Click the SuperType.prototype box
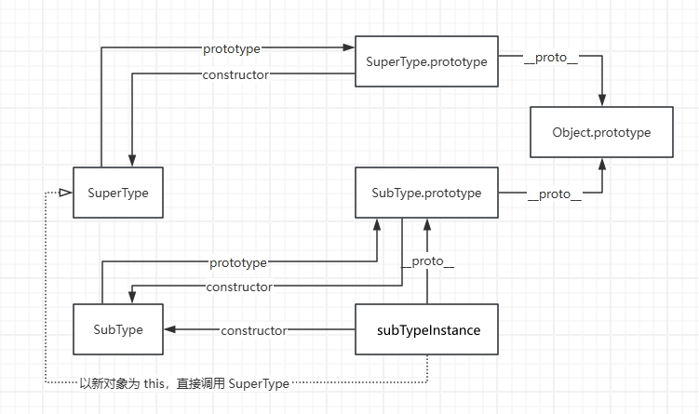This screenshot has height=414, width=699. pyautogui.click(x=426, y=62)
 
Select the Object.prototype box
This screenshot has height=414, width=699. pyautogui.click(x=601, y=132)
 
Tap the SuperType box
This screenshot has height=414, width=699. pyautogui.click(x=118, y=193)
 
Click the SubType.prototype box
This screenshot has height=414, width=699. pyautogui.click(x=426, y=193)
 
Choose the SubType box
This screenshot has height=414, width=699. pyautogui.click(x=118, y=329)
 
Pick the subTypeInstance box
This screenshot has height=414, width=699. pyautogui.click(x=428, y=329)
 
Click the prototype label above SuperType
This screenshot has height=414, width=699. pyautogui.click(x=232, y=48)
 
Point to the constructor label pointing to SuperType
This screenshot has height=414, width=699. pyautogui.click(x=235, y=74)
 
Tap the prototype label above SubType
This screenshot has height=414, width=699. pyautogui.click(x=238, y=263)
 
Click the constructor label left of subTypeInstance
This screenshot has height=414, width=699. pyautogui.click(x=253, y=330)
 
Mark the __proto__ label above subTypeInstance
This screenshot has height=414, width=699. pyautogui.click(x=427, y=264)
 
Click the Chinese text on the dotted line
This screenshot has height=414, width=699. pyautogui.click(x=184, y=382)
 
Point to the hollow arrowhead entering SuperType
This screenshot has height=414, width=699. pyautogui.click(x=65, y=193)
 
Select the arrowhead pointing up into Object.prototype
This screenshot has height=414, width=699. pyautogui.click(x=602, y=164)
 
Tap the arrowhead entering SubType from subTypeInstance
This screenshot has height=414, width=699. pyautogui.click(x=170, y=329)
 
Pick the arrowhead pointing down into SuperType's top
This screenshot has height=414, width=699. pyautogui.click(x=131, y=160)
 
